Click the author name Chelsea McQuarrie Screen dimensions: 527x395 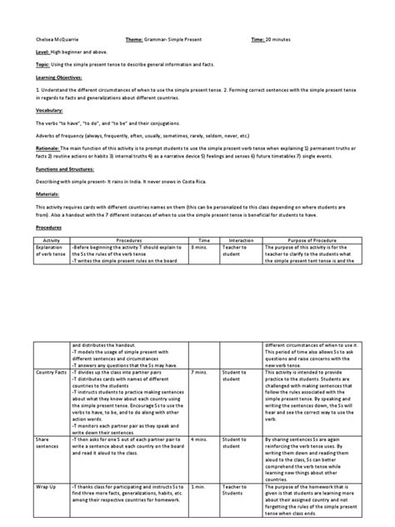pyautogui.click(x=55, y=39)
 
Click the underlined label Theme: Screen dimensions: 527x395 pyautogui.click(x=134, y=39)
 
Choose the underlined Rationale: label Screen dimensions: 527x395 pyautogui.click(x=46, y=147)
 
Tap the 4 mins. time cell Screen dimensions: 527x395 pyautogui.click(x=200, y=436)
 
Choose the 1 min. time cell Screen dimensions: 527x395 pyautogui.click(x=198, y=484)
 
